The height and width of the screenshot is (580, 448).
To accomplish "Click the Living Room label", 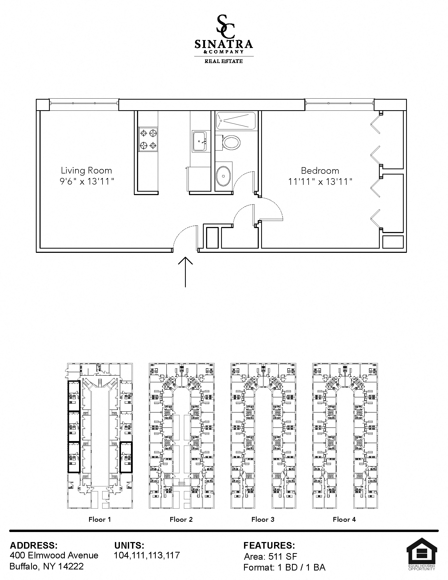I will [86, 171].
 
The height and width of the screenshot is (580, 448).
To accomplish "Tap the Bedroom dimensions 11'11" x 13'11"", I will [320, 182].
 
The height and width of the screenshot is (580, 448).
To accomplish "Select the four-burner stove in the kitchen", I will [148, 139].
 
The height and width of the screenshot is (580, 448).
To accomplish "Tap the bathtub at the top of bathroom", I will [235, 121].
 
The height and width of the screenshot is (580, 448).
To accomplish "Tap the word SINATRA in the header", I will [223, 44].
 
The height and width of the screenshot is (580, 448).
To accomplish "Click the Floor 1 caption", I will [100, 519].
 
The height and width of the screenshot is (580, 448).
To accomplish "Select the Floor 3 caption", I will [263, 519].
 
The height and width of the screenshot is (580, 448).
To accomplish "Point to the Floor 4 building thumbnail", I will [345, 436].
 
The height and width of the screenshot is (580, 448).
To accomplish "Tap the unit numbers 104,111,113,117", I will [147, 555].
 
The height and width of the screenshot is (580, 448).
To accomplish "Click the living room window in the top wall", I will [84, 103].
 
